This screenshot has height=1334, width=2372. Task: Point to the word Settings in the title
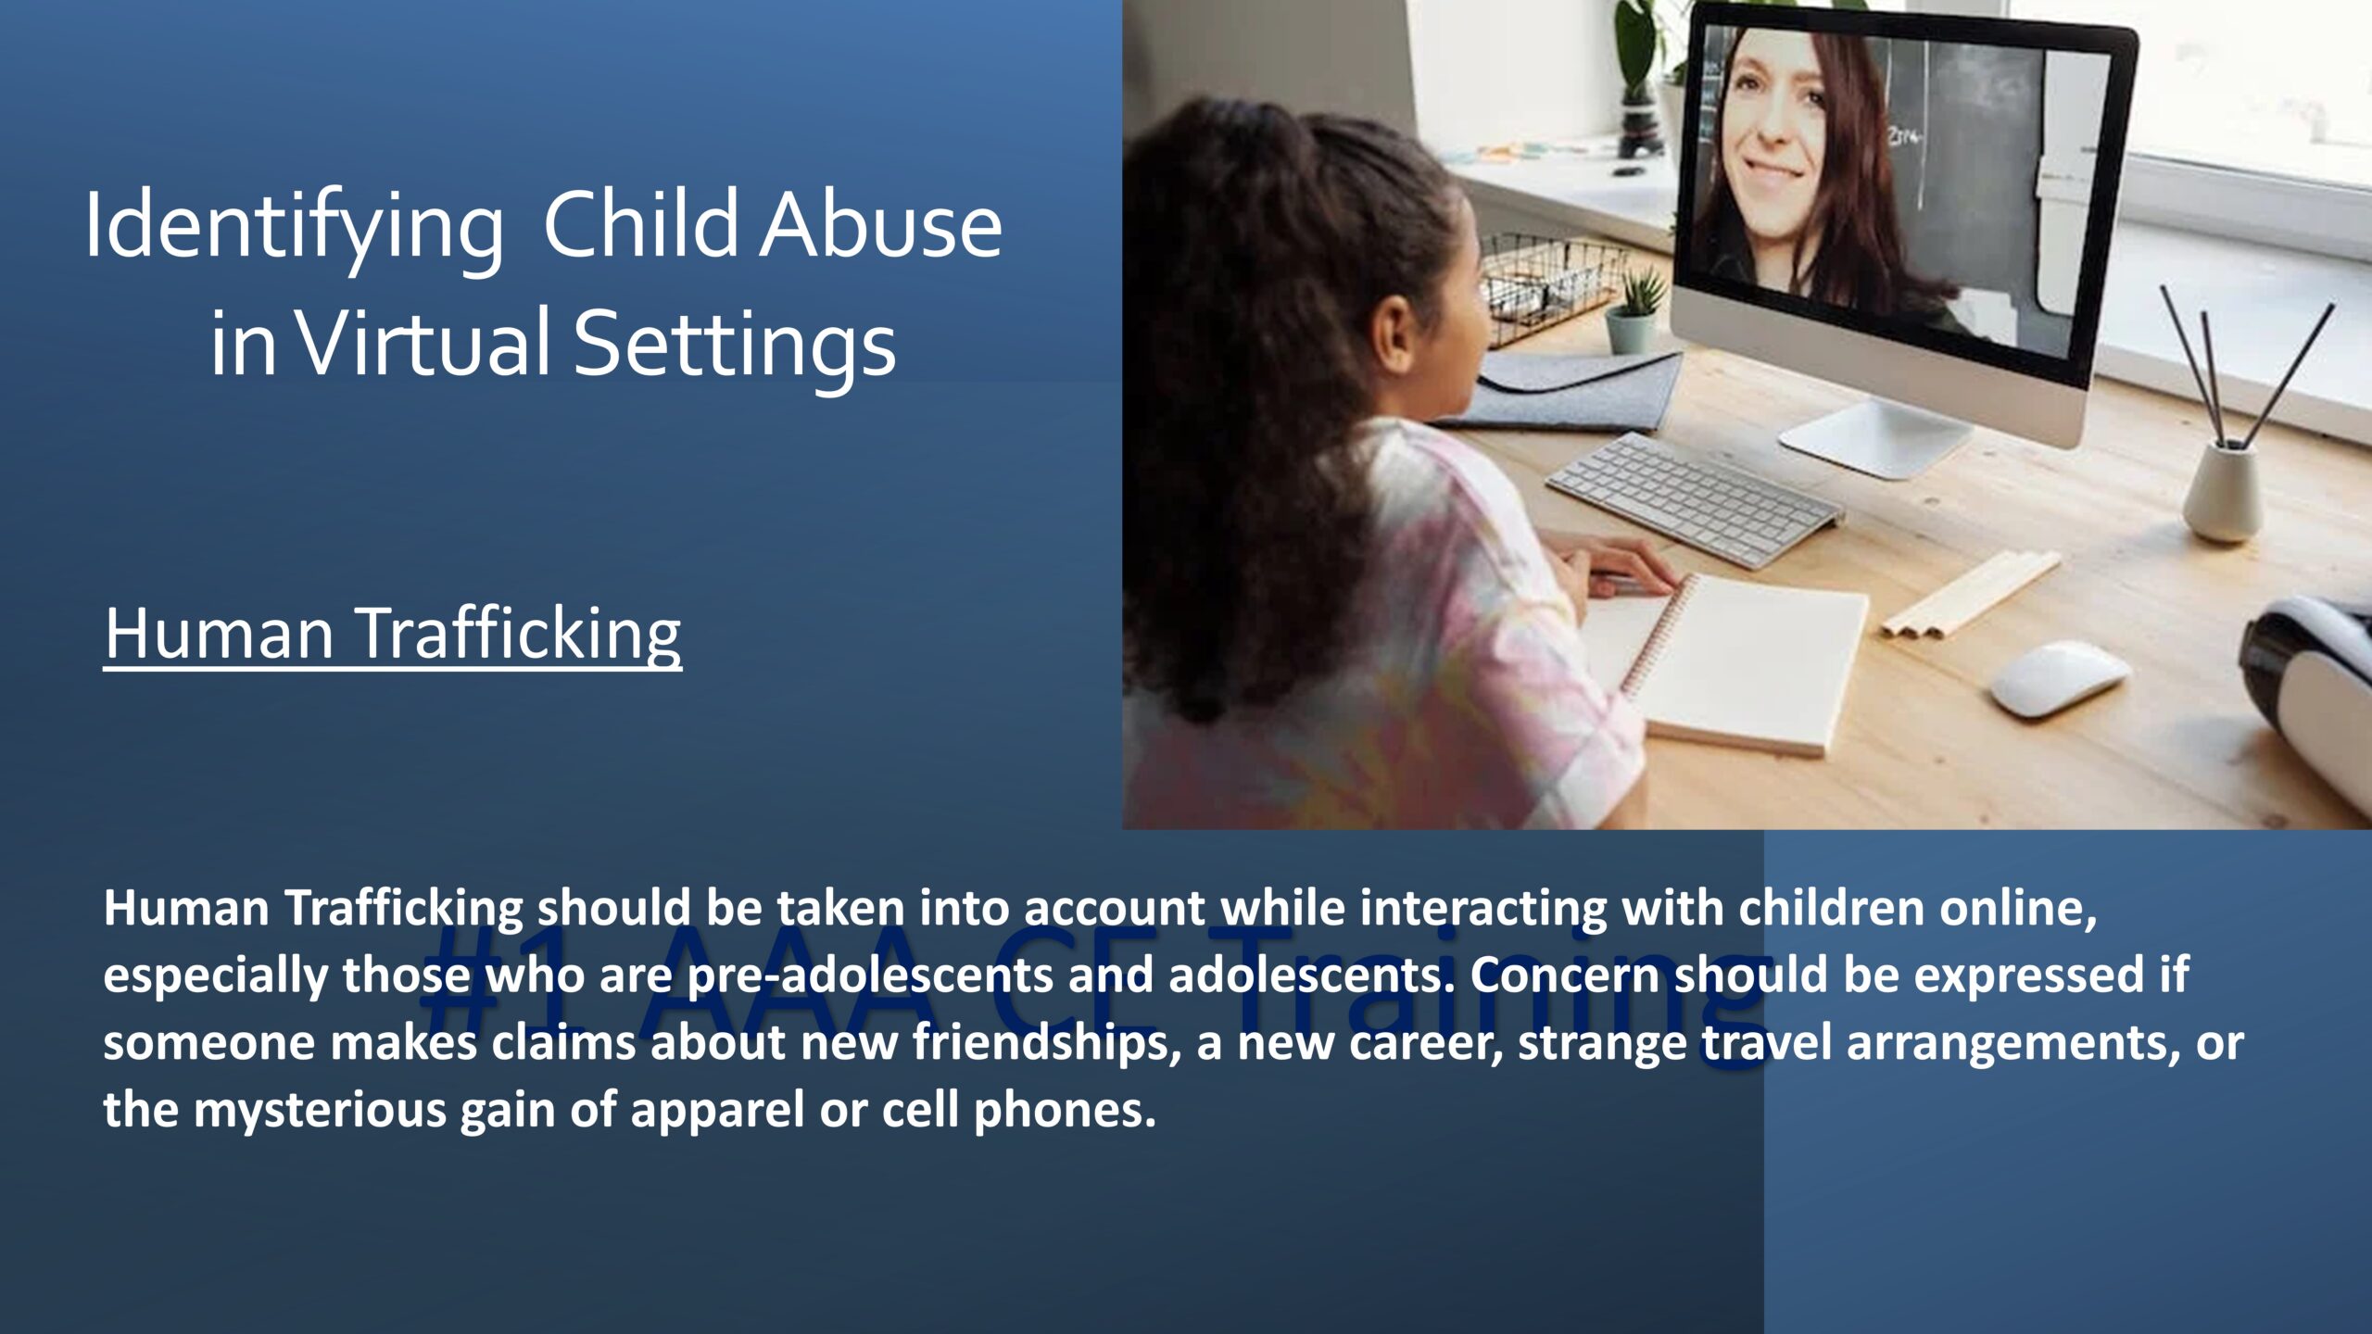click(x=735, y=347)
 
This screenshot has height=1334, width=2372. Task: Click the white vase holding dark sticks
click(x=2222, y=490)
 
